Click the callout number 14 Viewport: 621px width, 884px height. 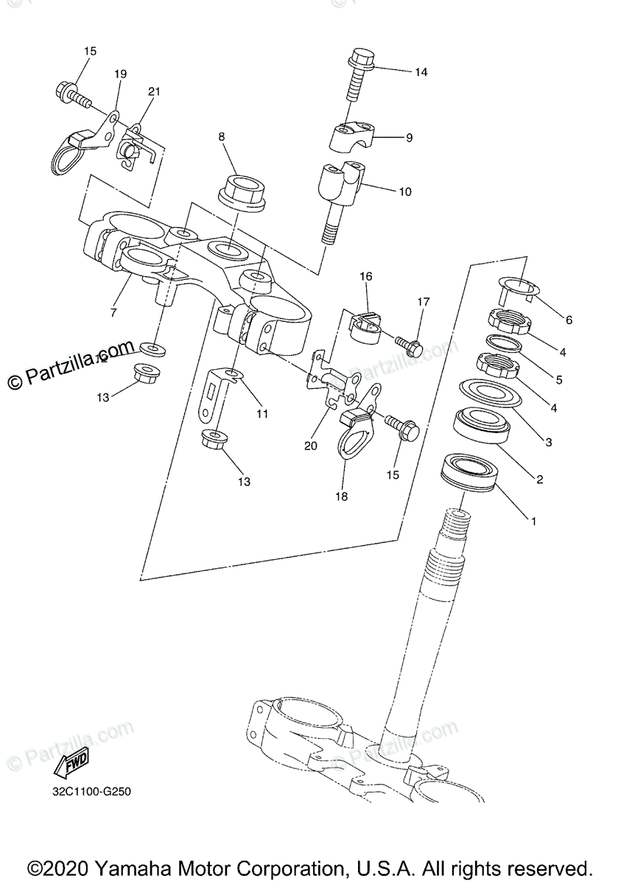click(x=421, y=72)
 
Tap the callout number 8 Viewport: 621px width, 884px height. click(x=220, y=136)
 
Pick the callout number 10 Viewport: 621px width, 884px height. click(x=404, y=192)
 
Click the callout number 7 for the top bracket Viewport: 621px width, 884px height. click(x=113, y=312)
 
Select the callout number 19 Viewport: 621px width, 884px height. click(x=120, y=74)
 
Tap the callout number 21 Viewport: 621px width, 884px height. click(x=153, y=91)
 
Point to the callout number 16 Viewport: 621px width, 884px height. click(x=366, y=276)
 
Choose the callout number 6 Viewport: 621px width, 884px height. click(x=568, y=320)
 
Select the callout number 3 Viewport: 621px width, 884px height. click(x=547, y=442)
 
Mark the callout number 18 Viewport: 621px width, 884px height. click(x=340, y=497)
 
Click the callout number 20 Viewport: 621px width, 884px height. click(x=309, y=445)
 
